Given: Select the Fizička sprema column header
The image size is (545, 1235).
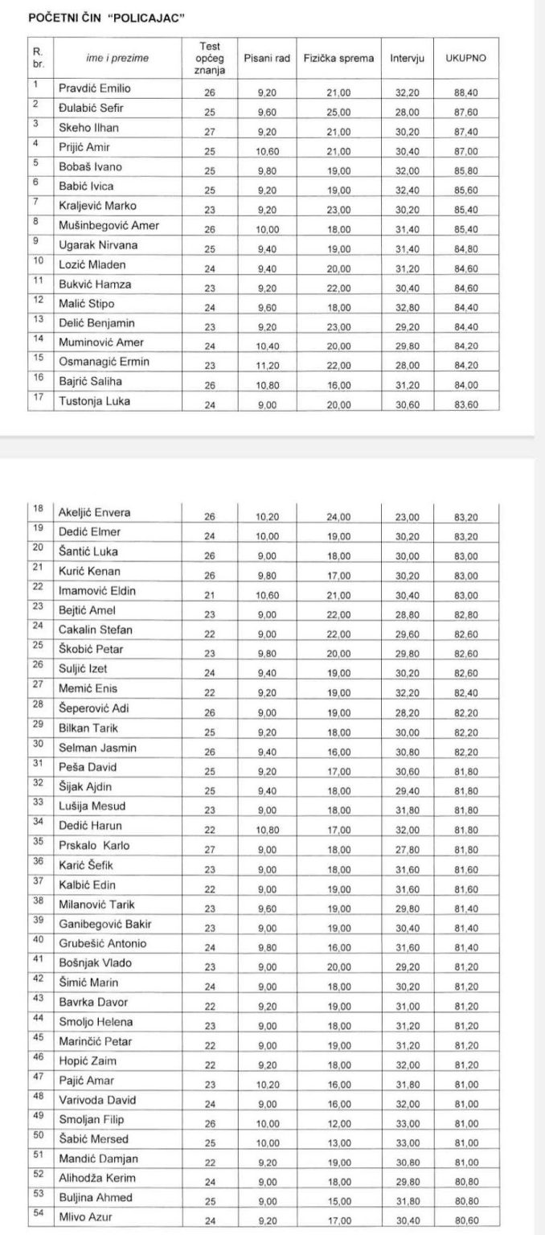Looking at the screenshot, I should point(338,58).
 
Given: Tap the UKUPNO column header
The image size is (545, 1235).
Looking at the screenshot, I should point(470,58).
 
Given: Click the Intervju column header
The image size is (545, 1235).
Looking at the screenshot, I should point(408,58).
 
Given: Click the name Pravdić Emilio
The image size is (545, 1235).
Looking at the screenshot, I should point(94,88).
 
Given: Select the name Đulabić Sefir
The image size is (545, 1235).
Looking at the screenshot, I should point(92,108).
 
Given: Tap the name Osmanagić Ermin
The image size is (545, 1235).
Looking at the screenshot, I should point(104,362).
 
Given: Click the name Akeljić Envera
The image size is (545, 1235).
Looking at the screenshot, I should point(95,512).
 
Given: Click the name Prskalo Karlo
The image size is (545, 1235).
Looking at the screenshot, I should point(94,846).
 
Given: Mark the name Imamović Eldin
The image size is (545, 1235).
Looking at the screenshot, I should point(97,590).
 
